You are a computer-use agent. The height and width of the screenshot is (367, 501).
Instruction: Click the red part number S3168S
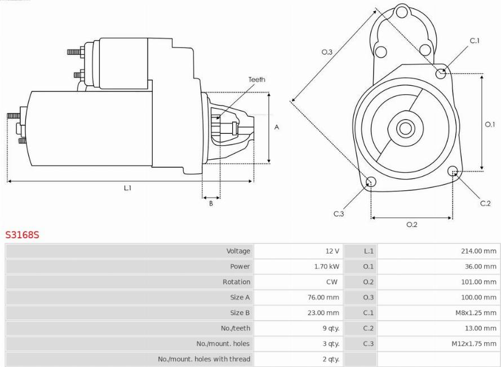(22, 234)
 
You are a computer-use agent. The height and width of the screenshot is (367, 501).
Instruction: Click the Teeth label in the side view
(256, 80)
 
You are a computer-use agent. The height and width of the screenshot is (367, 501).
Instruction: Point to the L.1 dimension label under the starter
(128, 188)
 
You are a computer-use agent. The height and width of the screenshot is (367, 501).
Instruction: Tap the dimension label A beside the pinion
(277, 128)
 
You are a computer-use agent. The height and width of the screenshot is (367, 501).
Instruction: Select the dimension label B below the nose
(211, 204)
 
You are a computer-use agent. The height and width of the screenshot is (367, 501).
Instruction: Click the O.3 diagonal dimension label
(327, 52)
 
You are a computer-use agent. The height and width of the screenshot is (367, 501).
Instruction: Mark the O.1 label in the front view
(490, 125)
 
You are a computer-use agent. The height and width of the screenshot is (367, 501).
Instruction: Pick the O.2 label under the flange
(412, 225)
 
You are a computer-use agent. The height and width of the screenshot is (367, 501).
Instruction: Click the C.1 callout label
(475, 41)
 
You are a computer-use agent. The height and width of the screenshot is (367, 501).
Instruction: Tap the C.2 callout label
(485, 203)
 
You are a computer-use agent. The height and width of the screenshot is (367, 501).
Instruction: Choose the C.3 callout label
(338, 213)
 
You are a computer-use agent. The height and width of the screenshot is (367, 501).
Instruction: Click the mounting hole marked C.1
(442, 73)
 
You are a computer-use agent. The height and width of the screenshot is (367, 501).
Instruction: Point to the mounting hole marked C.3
(371, 181)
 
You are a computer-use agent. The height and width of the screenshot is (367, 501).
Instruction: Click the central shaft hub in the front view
(405, 128)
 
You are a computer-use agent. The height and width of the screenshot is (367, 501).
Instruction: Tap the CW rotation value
(332, 282)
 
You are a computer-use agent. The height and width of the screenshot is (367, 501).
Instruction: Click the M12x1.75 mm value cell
(475, 343)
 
